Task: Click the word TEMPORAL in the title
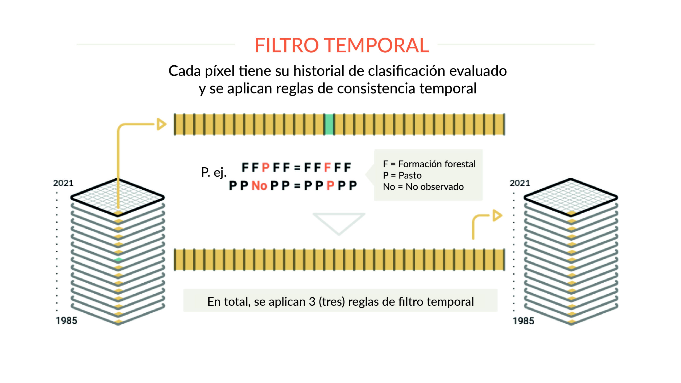coord(376,45)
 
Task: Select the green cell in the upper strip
coord(329,124)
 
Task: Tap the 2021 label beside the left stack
coord(63,183)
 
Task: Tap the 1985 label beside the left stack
coord(67,321)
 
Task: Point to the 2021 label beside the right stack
coord(520,183)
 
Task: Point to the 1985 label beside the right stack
coord(523,321)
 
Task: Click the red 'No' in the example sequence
coord(259,186)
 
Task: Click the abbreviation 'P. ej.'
coord(214,173)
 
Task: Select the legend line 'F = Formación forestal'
coord(429,164)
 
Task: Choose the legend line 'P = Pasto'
coord(402,175)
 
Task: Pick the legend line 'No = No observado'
coord(423,187)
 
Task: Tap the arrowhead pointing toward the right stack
coord(497,215)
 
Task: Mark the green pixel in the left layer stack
coord(118,259)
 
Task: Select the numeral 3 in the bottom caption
coord(312,302)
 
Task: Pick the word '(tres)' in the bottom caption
coord(332,302)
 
